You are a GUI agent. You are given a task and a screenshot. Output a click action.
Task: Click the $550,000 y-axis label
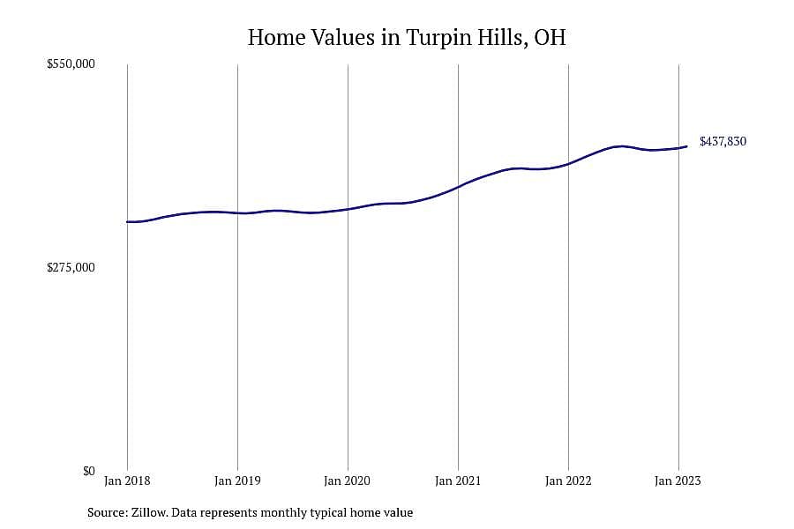[x=71, y=63]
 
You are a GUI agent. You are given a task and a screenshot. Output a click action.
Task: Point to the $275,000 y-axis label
[x=71, y=267]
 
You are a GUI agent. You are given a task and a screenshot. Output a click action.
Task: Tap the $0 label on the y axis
[x=88, y=471]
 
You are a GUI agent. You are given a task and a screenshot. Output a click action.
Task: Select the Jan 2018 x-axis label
[x=127, y=481]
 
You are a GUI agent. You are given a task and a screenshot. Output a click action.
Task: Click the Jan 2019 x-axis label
[x=237, y=481]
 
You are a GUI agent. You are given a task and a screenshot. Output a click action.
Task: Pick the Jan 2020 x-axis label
[x=348, y=481]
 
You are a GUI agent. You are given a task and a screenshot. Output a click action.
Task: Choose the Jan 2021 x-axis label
[x=458, y=481]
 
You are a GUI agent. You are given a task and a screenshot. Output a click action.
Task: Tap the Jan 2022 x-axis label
[x=568, y=481]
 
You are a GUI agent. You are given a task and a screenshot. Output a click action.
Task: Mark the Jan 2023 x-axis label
[x=678, y=481]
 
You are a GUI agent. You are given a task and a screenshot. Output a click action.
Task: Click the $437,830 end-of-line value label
[x=723, y=141]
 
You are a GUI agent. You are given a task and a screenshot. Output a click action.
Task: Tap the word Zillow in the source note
[x=149, y=512]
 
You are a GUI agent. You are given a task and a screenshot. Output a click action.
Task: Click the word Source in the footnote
[x=108, y=512]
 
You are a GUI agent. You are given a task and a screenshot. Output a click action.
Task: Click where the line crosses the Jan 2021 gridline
[x=458, y=187]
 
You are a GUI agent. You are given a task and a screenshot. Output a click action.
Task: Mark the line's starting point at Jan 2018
[x=127, y=221]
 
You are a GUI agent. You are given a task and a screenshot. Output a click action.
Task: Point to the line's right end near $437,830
[x=686, y=147]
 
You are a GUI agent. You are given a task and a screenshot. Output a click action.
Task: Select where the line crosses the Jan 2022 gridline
[x=569, y=163]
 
